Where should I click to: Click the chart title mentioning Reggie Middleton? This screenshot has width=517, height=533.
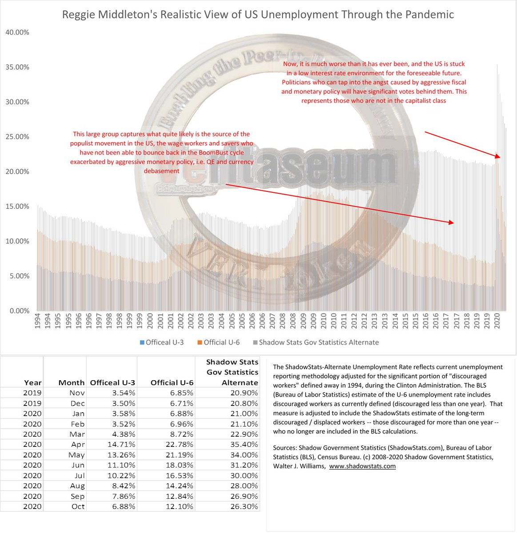tap(258, 15)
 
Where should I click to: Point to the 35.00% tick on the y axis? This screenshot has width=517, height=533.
tap(17, 67)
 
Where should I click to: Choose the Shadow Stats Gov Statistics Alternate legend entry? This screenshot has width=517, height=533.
tap(316, 342)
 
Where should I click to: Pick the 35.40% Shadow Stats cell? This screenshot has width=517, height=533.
tap(245, 445)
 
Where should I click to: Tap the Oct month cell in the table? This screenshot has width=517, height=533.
tap(78, 507)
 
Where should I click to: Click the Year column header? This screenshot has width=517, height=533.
tap(33, 382)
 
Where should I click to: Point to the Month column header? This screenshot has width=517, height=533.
tap(71, 382)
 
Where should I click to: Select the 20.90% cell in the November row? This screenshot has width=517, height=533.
tap(245, 393)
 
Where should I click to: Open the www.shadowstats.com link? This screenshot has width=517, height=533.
tap(362, 466)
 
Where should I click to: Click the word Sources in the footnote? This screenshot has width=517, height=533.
tap(285, 447)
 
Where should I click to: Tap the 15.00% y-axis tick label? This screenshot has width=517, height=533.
tap(17, 207)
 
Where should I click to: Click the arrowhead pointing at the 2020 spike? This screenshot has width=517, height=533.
tap(499, 156)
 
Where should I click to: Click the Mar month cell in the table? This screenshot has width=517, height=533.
tap(78, 434)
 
